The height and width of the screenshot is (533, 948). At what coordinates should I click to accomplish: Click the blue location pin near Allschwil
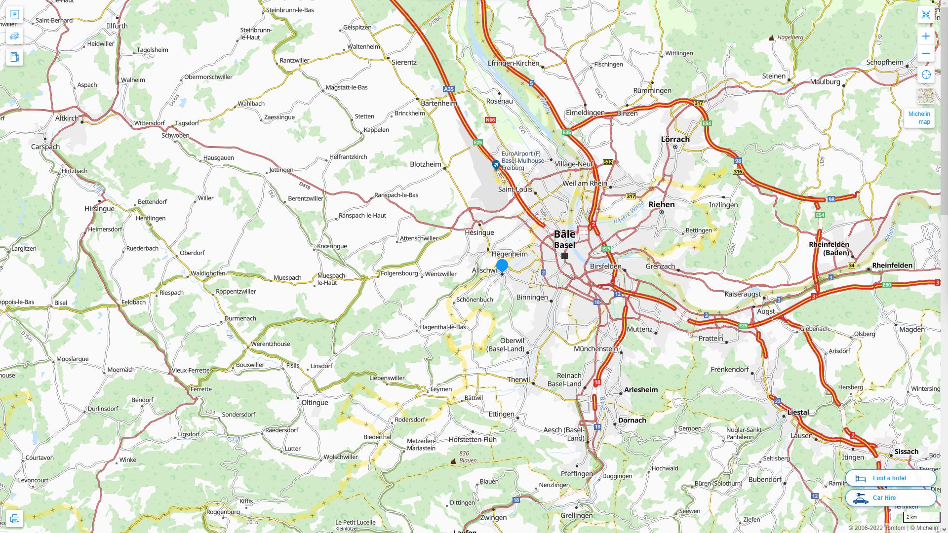pos(502,266)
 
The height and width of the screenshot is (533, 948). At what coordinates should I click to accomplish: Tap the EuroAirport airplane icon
pos(496,165)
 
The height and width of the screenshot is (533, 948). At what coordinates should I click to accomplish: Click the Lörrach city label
pos(675,139)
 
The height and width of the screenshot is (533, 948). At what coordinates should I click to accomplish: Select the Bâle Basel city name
pos(564,239)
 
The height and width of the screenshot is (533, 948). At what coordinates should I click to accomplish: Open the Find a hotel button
pos(890,478)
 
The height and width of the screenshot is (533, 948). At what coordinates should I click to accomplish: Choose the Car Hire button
pos(890,497)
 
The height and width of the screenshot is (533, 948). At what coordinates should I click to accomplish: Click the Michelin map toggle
pos(919,117)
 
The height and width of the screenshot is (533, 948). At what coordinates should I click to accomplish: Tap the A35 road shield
pos(448,89)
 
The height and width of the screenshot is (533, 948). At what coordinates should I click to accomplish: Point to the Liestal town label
pos(798,412)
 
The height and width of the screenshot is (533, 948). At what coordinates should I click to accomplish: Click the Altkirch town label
pos(67,118)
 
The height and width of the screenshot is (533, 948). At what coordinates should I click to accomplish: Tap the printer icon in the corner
pos(14,519)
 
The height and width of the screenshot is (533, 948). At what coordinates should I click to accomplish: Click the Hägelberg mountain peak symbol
pos(772,38)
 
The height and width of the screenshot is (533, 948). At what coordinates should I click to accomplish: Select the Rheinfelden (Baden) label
pos(829,248)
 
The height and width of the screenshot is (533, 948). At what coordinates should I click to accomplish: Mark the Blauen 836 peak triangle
pos(453,461)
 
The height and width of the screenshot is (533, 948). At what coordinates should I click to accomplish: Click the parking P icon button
pos(14,15)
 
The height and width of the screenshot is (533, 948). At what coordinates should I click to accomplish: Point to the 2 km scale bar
pos(921,517)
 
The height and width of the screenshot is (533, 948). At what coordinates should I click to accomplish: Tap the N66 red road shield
pos(490,120)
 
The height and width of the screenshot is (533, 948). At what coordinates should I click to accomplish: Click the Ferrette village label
pos(201,389)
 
